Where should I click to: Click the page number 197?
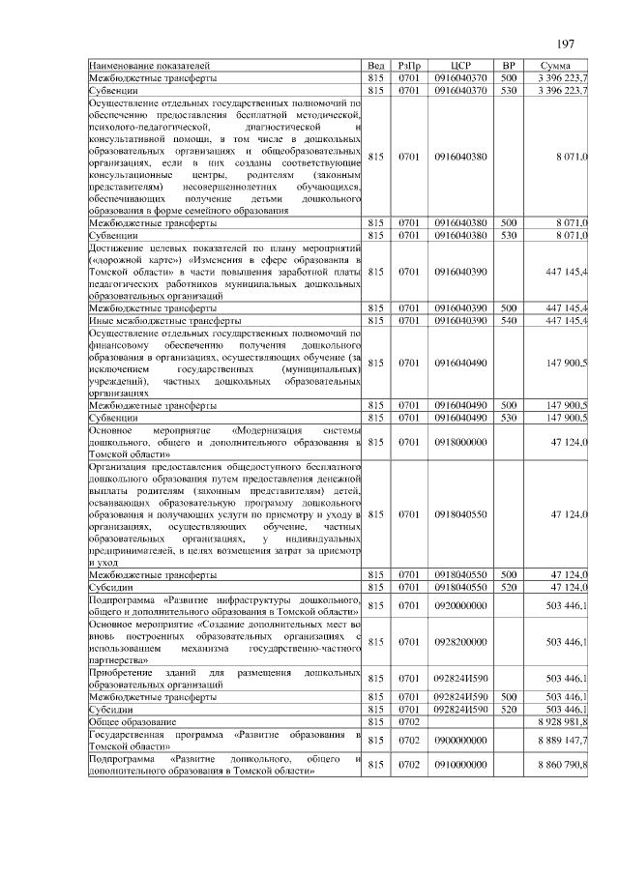point(566,44)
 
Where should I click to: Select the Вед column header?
point(376,66)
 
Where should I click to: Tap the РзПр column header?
point(410,66)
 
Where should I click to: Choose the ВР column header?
point(508,66)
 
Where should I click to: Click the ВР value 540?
point(508,320)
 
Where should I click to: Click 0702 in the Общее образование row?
point(410,721)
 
